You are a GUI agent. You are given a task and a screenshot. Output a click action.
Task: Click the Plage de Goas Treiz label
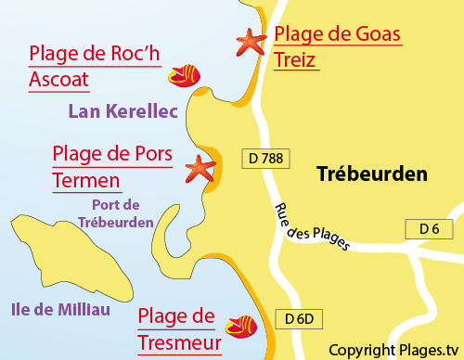click(338, 48)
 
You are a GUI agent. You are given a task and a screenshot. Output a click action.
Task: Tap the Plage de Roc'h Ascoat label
click(95, 67)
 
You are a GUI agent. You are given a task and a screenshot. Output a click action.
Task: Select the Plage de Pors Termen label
click(113, 166)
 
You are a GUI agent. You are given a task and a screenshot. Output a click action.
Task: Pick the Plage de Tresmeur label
click(176, 330)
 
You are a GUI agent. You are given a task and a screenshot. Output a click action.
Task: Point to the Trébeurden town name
click(371, 174)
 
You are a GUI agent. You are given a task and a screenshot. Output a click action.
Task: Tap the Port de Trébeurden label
click(122, 213)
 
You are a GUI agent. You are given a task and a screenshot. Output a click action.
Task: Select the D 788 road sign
click(265, 159)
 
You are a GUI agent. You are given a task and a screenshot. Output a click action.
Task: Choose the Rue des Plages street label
click(313, 227)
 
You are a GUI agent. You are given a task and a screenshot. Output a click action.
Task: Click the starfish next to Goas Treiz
click(250, 41)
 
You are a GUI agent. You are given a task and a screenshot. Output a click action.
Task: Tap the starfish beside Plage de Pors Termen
click(199, 167)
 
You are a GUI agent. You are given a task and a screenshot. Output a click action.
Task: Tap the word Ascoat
click(59, 80)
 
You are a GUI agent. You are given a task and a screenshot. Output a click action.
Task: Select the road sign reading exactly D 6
click(428, 229)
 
